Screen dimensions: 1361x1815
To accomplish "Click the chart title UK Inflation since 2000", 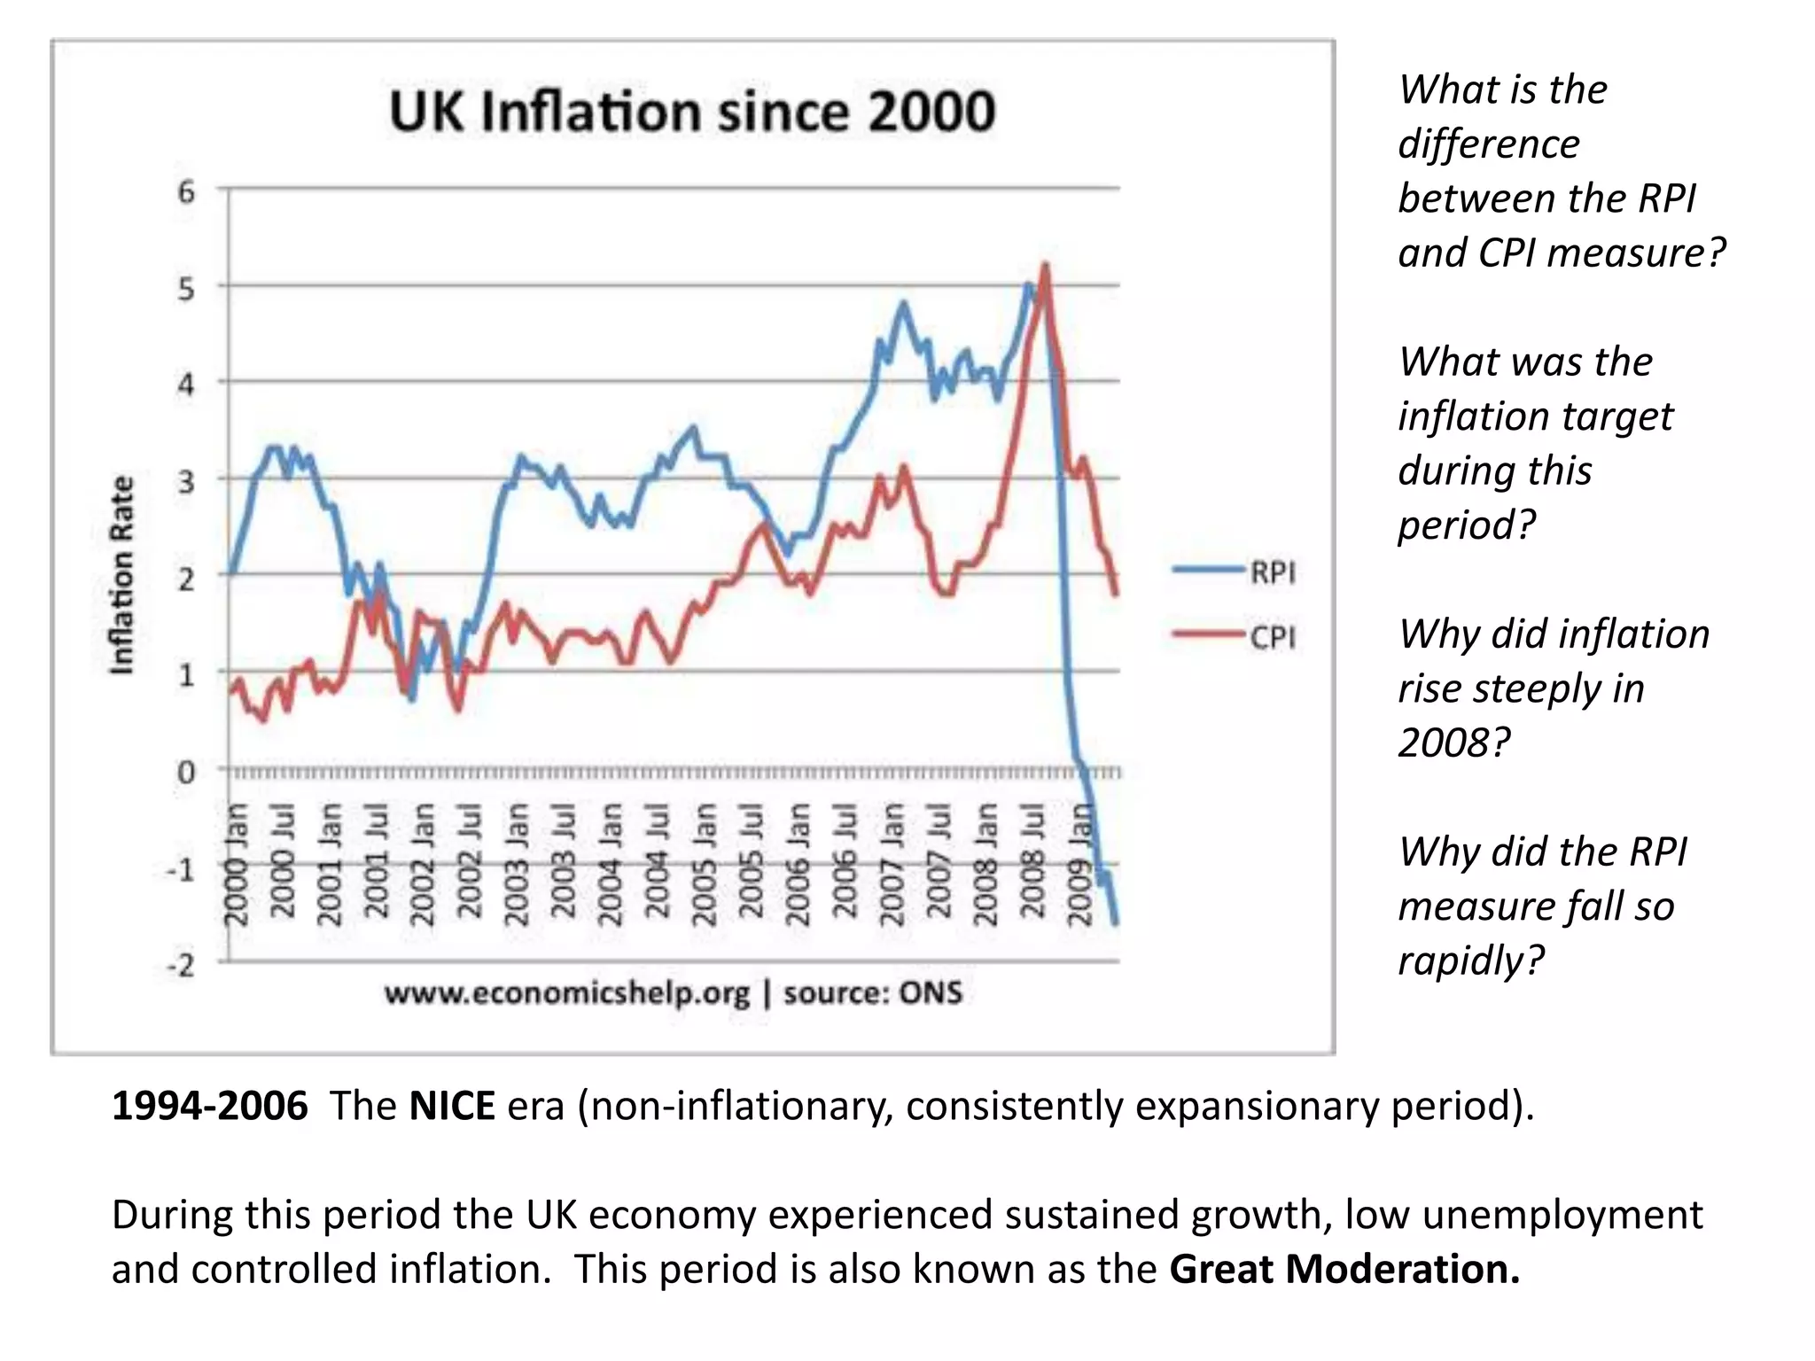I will (x=692, y=113).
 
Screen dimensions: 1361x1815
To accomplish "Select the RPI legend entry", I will (x=1235, y=572).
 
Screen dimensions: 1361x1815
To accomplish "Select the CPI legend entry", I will (x=1235, y=636).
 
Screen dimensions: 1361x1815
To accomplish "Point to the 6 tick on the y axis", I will (x=185, y=191).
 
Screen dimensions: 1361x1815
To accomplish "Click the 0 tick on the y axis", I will (x=185, y=772).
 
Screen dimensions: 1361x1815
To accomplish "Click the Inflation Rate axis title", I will (x=121, y=575).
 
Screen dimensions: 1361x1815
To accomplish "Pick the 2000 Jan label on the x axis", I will (x=235, y=865).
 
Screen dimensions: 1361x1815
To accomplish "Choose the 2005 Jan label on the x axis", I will (x=704, y=865).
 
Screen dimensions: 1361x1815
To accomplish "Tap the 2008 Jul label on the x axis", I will (x=1032, y=865).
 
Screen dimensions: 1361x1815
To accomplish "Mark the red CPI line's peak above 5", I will (x=1045, y=266).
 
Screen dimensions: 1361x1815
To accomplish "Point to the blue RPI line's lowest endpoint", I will (x=1115, y=923).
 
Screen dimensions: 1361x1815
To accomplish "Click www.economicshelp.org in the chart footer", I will (x=567, y=993).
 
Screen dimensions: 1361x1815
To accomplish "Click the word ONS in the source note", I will (x=930, y=992).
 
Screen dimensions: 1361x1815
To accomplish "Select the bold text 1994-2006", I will (x=210, y=1106).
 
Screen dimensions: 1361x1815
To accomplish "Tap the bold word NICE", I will (x=452, y=1106).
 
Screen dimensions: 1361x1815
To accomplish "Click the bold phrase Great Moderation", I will (x=1344, y=1269).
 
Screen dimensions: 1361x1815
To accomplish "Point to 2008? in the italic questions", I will (x=1453, y=743).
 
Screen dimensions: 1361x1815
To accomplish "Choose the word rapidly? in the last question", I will (x=1471, y=960).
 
